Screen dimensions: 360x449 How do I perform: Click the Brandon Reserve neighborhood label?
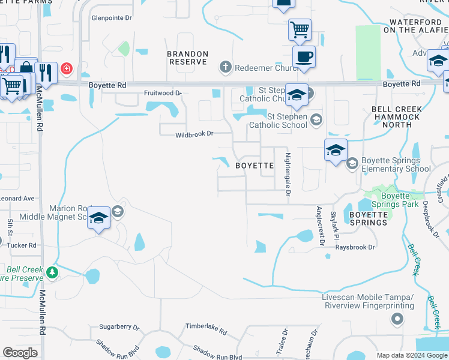(x=188, y=58)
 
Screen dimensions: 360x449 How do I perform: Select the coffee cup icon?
(x=304, y=57)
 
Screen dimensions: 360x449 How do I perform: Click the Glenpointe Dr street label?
(x=111, y=18)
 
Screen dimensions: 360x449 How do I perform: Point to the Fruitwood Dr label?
(x=163, y=93)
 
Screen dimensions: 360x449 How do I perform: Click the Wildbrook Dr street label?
(x=194, y=134)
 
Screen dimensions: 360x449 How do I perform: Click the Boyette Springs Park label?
(x=396, y=200)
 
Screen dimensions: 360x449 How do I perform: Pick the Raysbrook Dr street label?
(x=355, y=247)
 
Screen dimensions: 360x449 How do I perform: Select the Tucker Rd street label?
(x=23, y=245)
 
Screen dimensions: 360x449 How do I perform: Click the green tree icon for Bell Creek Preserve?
(x=53, y=272)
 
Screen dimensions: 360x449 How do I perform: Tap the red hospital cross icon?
(x=66, y=69)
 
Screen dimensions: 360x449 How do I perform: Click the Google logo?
(x=20, y=353)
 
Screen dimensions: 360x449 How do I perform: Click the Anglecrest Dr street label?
(x=319, y=226)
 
